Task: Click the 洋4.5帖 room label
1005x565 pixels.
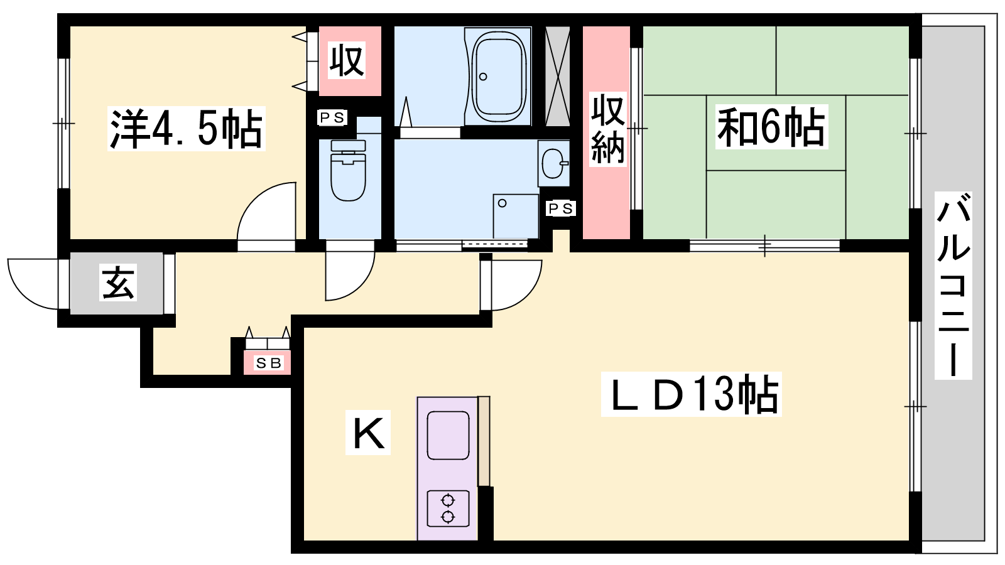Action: (x=186, y=128)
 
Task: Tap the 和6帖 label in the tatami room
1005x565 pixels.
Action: (x=771, y=127)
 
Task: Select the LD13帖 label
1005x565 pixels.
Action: (x=691, y=394)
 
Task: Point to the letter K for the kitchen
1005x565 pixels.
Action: (x=368, y=433)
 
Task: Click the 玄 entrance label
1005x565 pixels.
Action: (x=118, y=282)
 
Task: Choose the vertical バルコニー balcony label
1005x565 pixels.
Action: (x=953, y=286)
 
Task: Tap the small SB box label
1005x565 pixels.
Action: (x=268, y=363)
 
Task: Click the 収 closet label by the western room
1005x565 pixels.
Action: (x=346, y=60)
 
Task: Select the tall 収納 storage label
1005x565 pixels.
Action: (x=607, y=129)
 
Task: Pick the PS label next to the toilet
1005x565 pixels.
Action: (x=332, y=117)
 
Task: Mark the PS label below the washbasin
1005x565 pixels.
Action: (x=561, y=208)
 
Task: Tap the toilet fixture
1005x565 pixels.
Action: (x=348, y=170)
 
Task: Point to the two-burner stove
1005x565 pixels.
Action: (x=448, y=508)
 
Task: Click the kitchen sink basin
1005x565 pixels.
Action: (x=448, y=436)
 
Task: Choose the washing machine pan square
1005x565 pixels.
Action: (x=516, y=216)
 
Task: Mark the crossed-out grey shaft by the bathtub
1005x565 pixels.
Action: (x=557, y=76)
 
